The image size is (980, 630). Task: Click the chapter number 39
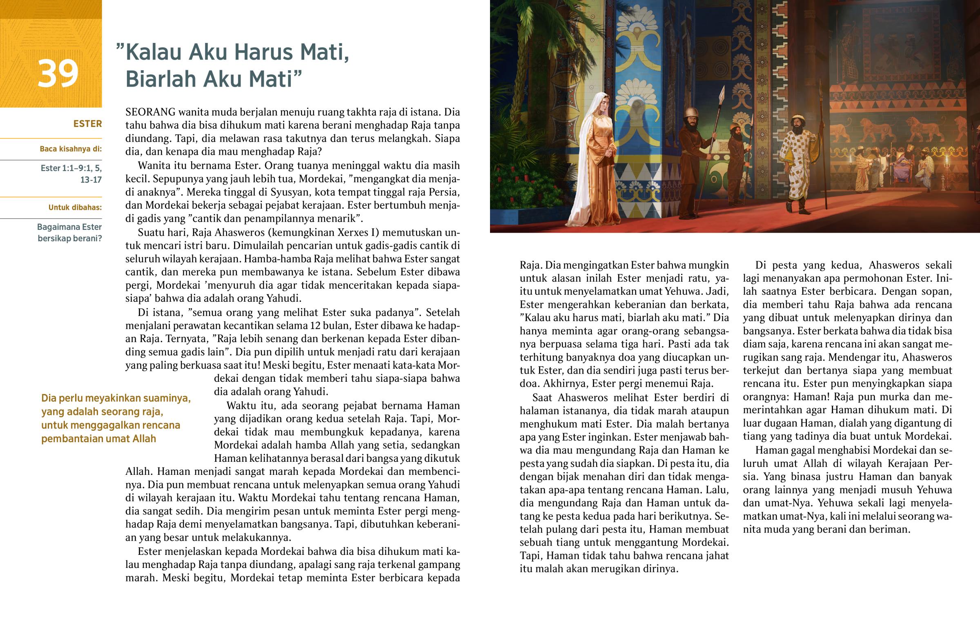(58, 73)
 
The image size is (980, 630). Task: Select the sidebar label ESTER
(87, 124)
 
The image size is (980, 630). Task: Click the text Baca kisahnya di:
(70, 149)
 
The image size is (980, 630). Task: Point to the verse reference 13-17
(91, 180)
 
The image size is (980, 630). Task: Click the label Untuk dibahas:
(75, 207)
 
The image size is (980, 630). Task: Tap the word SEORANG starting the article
(150, 112)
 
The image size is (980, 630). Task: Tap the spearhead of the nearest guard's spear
(722, 93)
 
